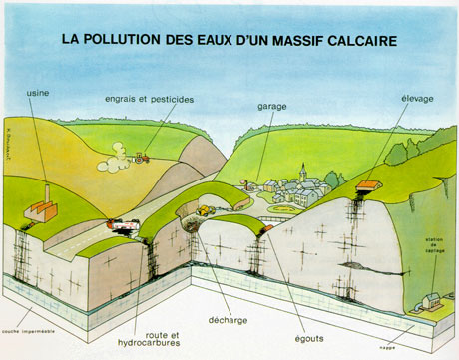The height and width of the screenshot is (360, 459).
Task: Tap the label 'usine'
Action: point(37,89)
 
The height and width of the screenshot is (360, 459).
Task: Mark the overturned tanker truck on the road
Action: point(125,226)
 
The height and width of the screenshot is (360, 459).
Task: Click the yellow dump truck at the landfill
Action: point(205,210)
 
